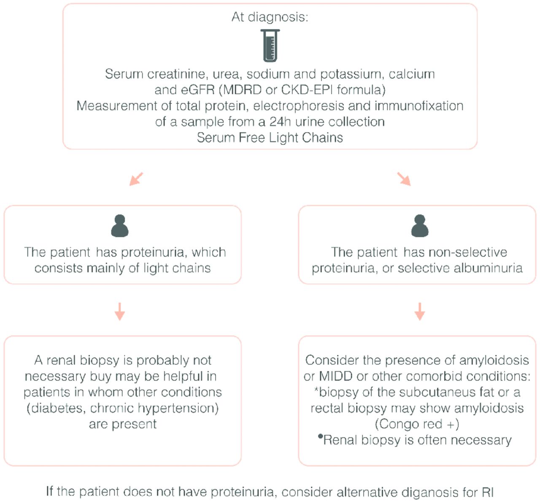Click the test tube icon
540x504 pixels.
270,45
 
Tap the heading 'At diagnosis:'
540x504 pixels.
270,17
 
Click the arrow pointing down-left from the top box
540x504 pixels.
136,179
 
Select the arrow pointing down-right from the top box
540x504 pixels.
404,179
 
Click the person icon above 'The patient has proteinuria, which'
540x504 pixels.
120,226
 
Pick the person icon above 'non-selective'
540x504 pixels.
420,226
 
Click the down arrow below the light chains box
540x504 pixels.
120,311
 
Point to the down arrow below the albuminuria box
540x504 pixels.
420,311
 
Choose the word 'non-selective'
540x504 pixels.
468,252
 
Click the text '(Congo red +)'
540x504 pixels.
417,424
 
